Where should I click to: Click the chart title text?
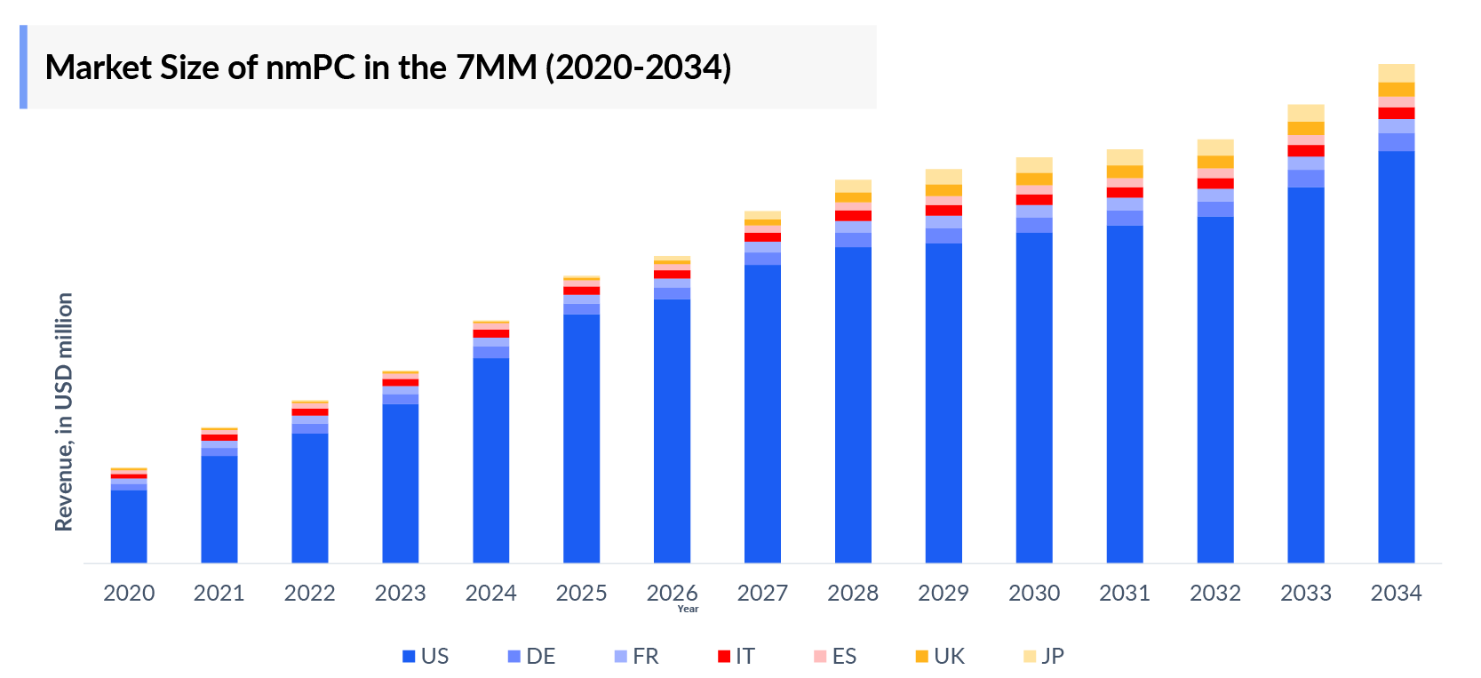point(388,68)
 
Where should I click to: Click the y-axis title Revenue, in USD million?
point(64,412)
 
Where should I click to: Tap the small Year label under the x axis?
point(688,609)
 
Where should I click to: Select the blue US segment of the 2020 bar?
point(129,526)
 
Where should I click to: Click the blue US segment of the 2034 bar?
point(1396,355)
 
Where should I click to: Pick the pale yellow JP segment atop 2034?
point(1396,73)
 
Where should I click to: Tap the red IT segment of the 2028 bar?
point(853,216)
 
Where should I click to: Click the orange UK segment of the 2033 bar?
point(1305,128)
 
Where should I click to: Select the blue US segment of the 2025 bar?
point(581,437)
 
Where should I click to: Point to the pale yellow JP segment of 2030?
point(1034,164)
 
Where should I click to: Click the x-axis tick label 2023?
point(400,593)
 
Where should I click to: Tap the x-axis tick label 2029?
point(943,593)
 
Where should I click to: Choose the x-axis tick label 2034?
point(1396,593)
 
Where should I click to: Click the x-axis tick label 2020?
point(129,593)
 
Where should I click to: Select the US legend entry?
point(426,656)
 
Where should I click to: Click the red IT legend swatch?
point(724,656)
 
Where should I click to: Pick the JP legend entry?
point(1043,656)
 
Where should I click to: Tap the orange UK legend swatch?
point(921,656)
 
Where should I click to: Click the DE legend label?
point(540,656)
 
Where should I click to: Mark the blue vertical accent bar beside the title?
point(23,68)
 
